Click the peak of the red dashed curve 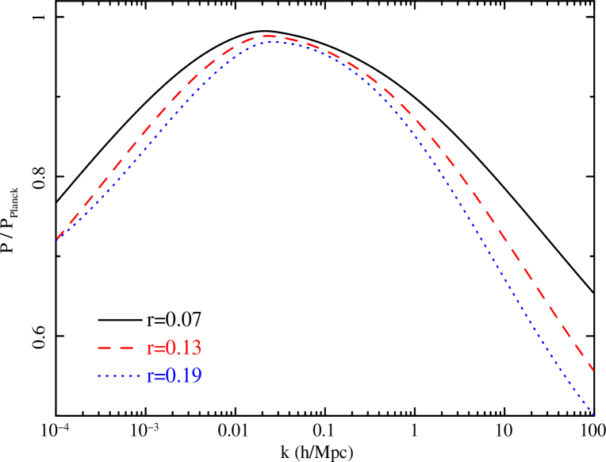pyautogui.click(x=268, y=36)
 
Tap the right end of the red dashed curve pyautogui.click(x=594, y=371)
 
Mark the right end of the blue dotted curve pyautogui.click(x=594, y=414)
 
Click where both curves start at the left pyautogui.click(x=57, y=238)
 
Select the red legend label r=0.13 pyautogui.click(x=174, y=348)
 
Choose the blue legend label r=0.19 pyautogui.click(x=174, y=375)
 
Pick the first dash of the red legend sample pyautogui.click(x=102, y=348)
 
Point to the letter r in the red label pyautogui.click(x=150, y=349)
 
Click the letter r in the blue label pyautogui.click(x=150, y=377)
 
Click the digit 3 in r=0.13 pyautogui.click(x=196, y=348)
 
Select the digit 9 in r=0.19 pyautogui.click(x=196, y=375)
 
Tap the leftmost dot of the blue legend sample pyautogui.click(x=100, y=375)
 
